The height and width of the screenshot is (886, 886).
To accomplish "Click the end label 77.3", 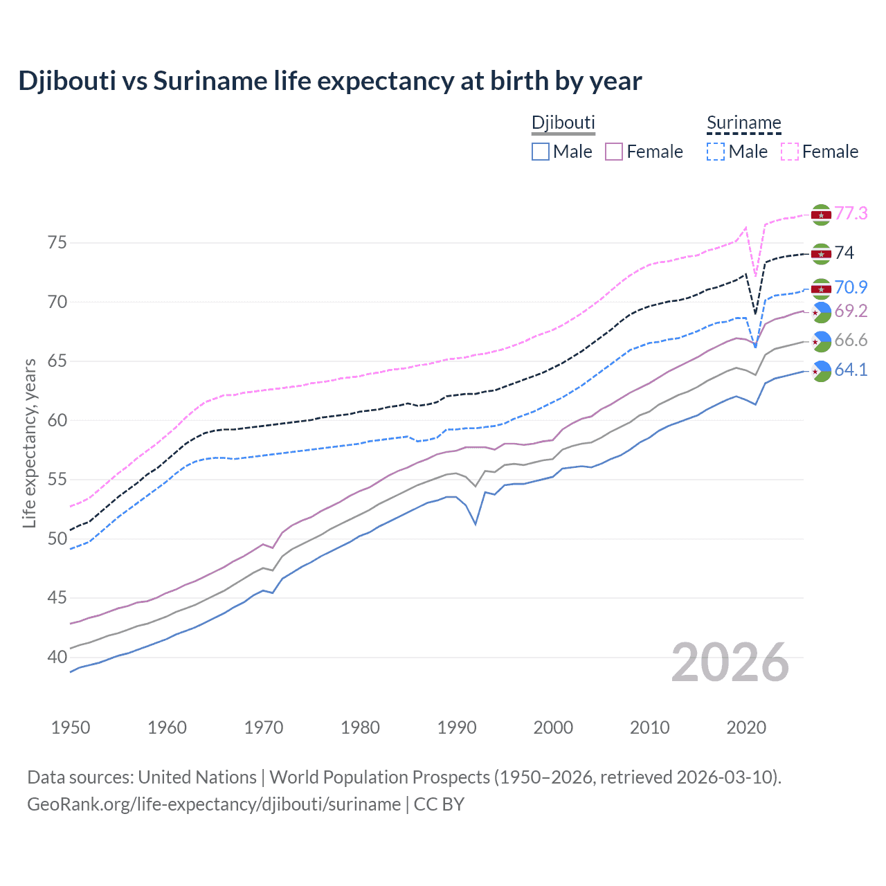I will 851,213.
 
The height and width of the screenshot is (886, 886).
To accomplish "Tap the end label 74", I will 844,253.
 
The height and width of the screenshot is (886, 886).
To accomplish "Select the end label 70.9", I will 851,287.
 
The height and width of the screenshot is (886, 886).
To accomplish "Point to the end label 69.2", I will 851,311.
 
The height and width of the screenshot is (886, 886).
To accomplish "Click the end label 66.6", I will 851,340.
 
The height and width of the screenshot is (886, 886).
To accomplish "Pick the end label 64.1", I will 851,370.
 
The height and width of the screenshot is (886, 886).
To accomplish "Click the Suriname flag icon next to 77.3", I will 821,215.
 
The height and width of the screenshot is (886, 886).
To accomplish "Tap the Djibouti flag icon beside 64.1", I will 821,372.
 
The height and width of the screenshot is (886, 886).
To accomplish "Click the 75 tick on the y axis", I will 57,243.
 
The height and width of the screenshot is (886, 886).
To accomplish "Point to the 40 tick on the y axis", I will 57,657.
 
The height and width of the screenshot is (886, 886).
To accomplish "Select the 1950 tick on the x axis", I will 71,727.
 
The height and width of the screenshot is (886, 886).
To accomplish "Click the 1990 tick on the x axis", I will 457,727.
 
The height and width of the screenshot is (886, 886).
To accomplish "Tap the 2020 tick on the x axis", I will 746,727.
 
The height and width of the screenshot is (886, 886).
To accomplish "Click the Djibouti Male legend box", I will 541,152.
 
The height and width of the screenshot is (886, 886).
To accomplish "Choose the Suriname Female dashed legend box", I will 790,152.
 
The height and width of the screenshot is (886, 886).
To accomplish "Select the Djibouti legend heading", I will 563,123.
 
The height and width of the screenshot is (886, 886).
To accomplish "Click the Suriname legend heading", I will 743,123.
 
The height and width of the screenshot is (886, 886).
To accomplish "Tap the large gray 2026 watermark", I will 730,662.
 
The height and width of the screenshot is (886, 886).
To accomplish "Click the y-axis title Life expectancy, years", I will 29,443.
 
